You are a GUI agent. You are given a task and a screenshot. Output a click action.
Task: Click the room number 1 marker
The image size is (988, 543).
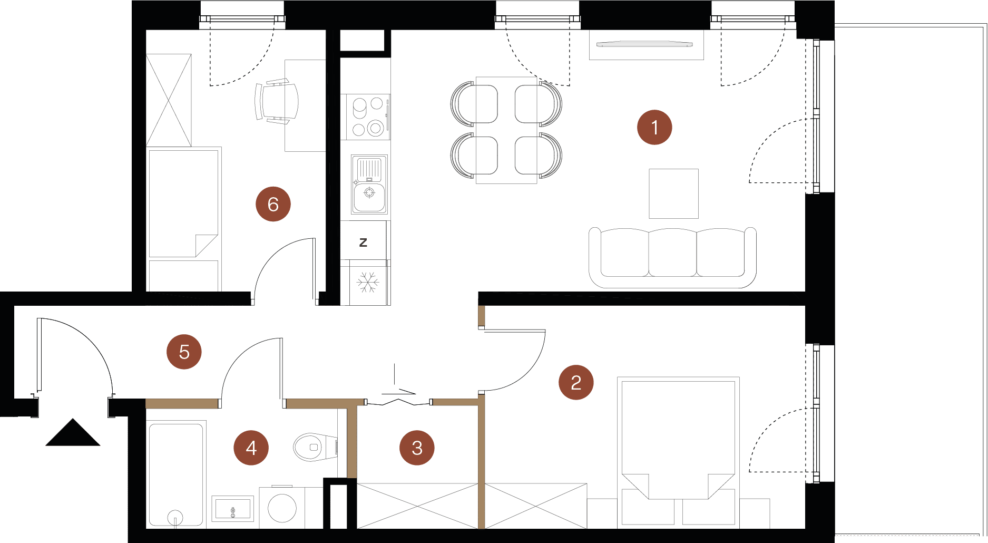tap(654, 127)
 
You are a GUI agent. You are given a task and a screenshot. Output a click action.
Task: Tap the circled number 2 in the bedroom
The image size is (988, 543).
tap(576, 382)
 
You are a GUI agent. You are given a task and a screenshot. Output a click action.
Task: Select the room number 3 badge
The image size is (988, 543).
tap(417, 448)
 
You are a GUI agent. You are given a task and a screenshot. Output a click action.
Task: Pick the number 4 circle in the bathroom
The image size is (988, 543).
tap(251, 448)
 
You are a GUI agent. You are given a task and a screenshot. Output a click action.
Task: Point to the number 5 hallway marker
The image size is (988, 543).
tap(184, 352)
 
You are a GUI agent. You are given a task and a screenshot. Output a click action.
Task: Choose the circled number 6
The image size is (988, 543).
tap(273, 204)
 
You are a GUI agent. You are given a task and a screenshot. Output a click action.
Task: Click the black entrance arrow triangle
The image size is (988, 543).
tap(73, 432)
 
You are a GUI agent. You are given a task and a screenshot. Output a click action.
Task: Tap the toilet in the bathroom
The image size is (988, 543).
tap(315, 447)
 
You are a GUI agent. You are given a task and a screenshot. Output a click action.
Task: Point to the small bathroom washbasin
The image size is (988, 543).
tap(232, 508)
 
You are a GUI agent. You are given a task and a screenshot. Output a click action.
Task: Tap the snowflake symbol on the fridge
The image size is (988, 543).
tap(368, 282)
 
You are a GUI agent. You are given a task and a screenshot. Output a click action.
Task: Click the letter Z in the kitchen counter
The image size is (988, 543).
tap(363, 243)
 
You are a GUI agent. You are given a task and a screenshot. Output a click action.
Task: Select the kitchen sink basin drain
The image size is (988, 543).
tap(369, 192)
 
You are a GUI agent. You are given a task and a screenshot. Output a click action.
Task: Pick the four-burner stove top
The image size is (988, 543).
tap(368, 117)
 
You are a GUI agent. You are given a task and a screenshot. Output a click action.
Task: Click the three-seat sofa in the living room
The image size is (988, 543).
tap(672, 258)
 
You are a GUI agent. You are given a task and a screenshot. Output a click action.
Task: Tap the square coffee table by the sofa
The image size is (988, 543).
tap(674, 193)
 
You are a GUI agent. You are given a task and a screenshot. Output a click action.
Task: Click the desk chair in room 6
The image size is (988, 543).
tap(276, 101)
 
